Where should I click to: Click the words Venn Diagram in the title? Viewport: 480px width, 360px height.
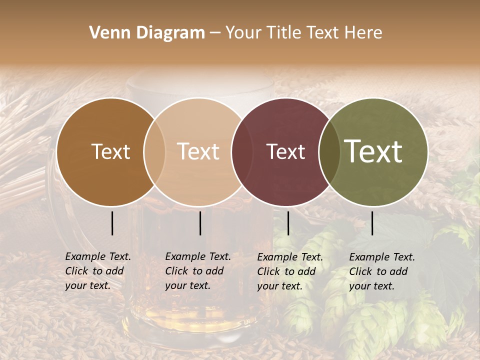(x=147, y=33)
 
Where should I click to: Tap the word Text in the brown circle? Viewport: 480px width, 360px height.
(x=110, y=152)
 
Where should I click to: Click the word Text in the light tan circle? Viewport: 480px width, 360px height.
(x=198, y=152)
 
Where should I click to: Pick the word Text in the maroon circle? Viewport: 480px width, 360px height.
(x=286, y=152)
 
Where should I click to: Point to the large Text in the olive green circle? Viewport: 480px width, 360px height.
(x=373, y=151)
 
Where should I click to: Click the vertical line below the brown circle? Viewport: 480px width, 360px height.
(x=112, y=223)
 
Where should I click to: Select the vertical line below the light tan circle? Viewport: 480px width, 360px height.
(x=200, y=223)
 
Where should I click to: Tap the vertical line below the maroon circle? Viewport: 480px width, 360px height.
(x=288, y=223)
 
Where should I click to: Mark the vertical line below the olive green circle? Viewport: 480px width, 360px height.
(x=372, y=223)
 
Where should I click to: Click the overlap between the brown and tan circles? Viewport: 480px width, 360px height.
(x=154, y=152)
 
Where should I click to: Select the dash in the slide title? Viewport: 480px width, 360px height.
(x=215, y=33)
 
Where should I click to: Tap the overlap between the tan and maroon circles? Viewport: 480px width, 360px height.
(x=242, y=152)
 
